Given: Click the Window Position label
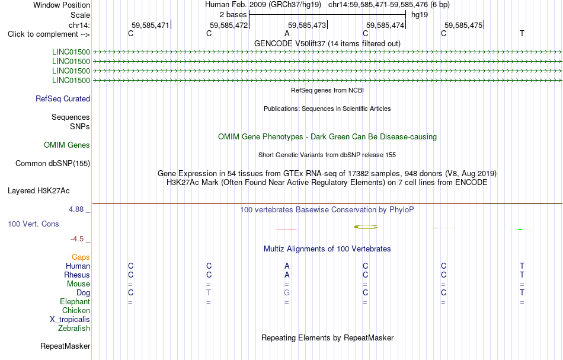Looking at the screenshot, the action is point(62,5).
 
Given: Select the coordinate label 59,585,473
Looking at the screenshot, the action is point(307,25).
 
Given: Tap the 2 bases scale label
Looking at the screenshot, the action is point(233,15).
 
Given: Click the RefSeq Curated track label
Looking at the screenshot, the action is point(63,99).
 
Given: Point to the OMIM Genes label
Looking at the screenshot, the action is point(67,145).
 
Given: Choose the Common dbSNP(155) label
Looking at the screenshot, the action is point(53,164).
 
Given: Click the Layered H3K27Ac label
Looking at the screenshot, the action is point(39,191).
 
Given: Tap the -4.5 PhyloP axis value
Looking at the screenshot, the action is point(77,239).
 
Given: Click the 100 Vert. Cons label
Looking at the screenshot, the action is point(33,224).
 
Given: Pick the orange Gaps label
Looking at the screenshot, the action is point(81,257).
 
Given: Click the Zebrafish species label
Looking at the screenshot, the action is point(74,328).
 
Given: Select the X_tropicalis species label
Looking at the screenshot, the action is point(70,320).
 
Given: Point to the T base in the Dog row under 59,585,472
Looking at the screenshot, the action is point(209,293).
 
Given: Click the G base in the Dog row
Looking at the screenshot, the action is point(287,293).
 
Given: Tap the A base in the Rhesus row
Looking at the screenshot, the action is point(287,275).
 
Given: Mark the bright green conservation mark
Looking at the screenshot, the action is point(520,229).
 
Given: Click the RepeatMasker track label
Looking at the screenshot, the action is point(65,346).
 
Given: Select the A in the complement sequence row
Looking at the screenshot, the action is point(287,34).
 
